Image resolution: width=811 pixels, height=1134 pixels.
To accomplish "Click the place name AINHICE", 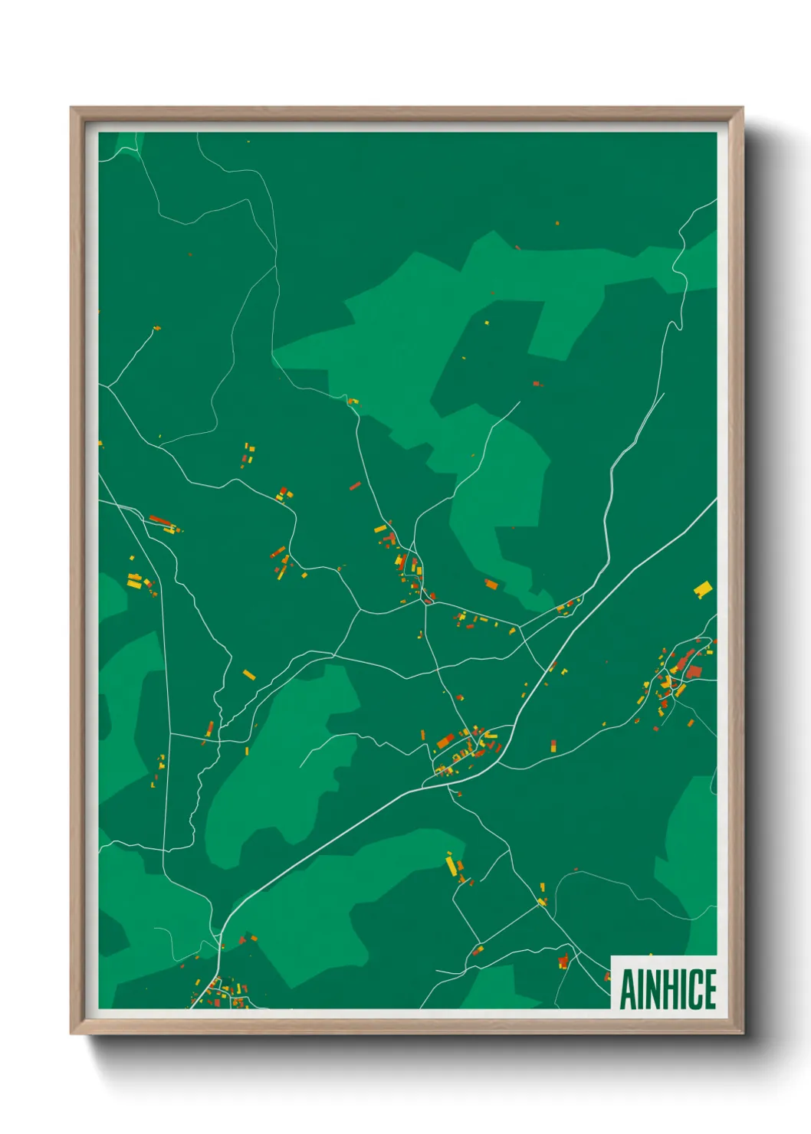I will pyautogui.click(x=668, y=989).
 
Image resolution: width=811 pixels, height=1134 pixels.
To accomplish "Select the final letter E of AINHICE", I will pyautogui.click(x=709, y=989).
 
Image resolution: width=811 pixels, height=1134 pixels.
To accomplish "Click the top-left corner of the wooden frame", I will pyautogui.click(x=71, y=108).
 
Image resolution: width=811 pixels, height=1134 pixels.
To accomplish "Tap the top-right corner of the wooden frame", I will pyautogui.click(x=743, y=108).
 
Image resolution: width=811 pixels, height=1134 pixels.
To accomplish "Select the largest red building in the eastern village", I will pyautogui.click(x=694, y=672).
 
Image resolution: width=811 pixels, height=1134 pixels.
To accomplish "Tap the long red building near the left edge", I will pyautogui.click(x=161, y=520).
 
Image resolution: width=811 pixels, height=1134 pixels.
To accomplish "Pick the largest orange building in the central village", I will pyautogui.click(x=445, y=741).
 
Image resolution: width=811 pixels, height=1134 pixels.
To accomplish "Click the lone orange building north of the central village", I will pyautogui.click(x=491, y=585).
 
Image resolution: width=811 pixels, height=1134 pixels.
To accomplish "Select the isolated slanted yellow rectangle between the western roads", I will pyautogui.click(x=248, y=674).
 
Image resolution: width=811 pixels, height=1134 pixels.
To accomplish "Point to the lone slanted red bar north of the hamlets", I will pyautogui.click(x=355, y=486).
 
